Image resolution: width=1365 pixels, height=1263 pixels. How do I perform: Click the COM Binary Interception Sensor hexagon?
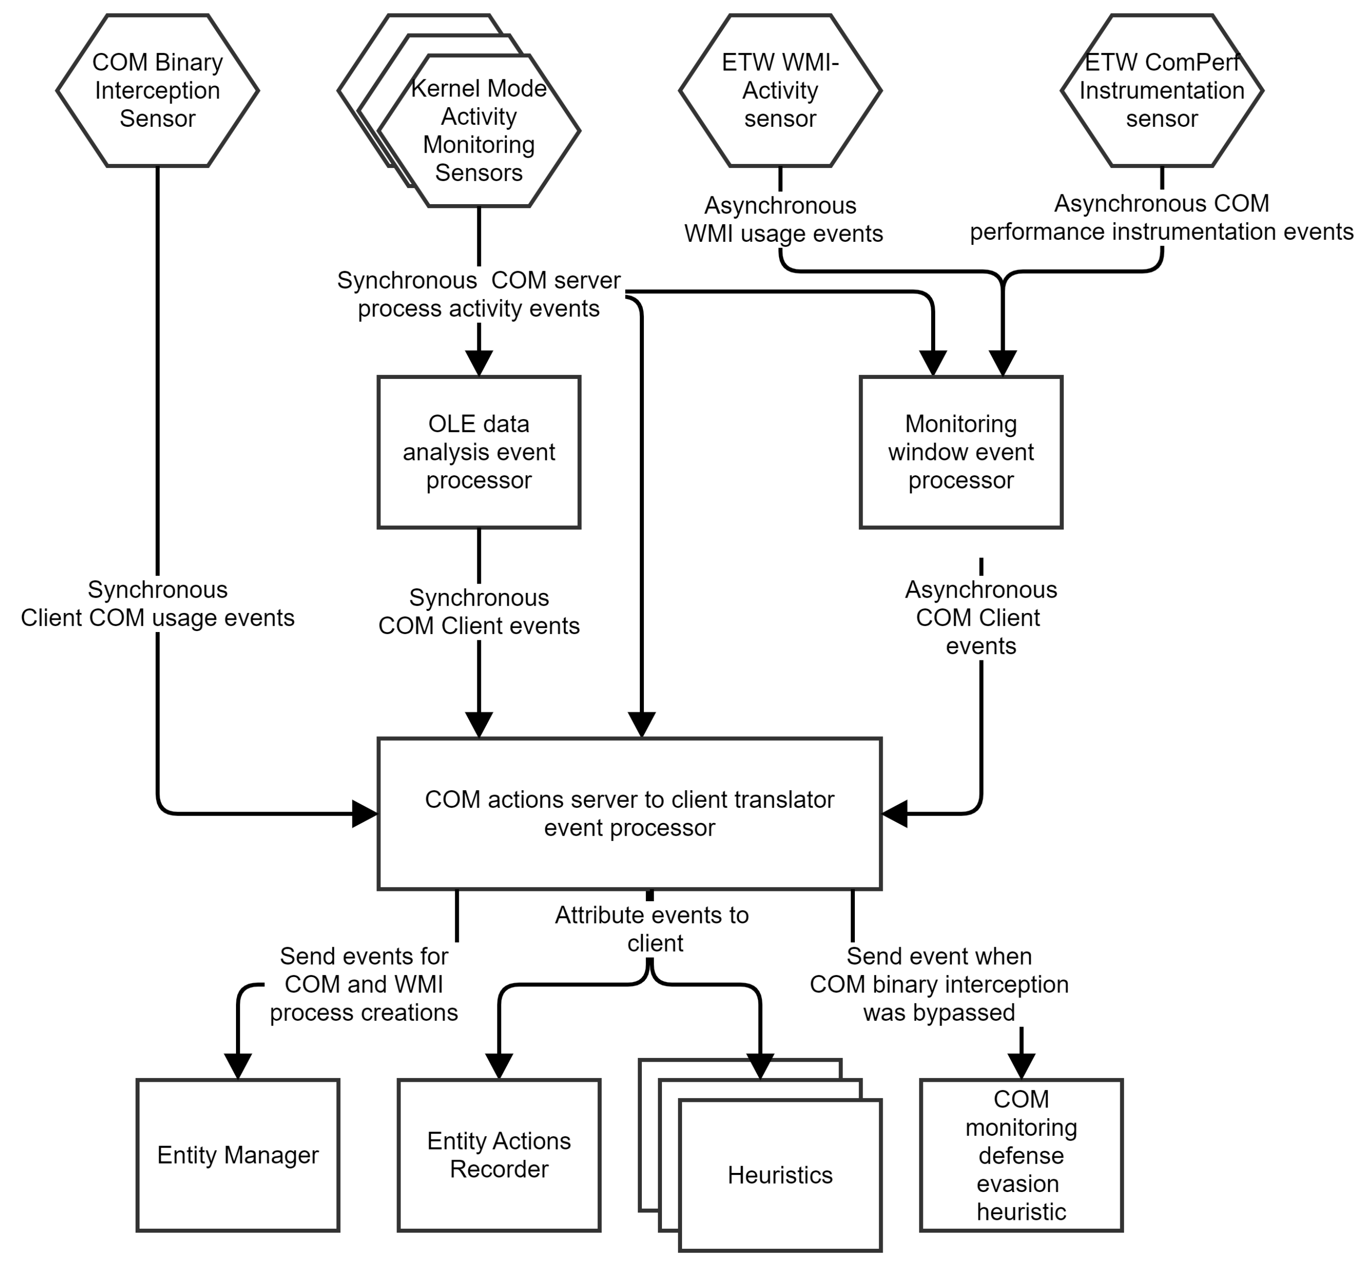tap(157, 90)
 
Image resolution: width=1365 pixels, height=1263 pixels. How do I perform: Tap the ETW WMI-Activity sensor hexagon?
tap(780, 90)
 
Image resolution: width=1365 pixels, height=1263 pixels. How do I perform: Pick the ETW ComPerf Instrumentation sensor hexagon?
tap(1161, 90)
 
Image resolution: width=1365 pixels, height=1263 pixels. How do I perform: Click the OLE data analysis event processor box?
tap(478, 452)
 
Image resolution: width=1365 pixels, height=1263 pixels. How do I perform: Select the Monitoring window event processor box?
tap(961, 452)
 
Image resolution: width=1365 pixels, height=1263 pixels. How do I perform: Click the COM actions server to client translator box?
tap(629, 813)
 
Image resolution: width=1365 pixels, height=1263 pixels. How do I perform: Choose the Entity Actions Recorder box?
tap(499, 1155)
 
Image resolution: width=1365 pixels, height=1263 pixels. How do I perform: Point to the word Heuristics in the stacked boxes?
tap(780, 1175)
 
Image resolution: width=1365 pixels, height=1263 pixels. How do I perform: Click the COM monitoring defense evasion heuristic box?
tap(1020, 1155)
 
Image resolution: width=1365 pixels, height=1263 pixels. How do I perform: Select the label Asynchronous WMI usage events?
tap(783, 219)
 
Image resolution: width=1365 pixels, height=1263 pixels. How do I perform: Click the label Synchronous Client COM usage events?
tap(157, 604)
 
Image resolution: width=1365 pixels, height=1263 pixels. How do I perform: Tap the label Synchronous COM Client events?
tap(478, 612)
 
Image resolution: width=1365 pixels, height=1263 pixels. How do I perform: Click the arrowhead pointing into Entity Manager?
tap(238, 1066)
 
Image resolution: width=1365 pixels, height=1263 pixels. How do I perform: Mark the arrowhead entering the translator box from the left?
tap(364, 813)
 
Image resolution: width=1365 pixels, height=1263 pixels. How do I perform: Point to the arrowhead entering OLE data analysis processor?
tap(478, 362)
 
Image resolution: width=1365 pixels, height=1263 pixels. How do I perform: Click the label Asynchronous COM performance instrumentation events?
tap(1161, 217)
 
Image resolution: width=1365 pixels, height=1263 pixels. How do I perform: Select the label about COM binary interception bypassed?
tap(939, 984)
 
